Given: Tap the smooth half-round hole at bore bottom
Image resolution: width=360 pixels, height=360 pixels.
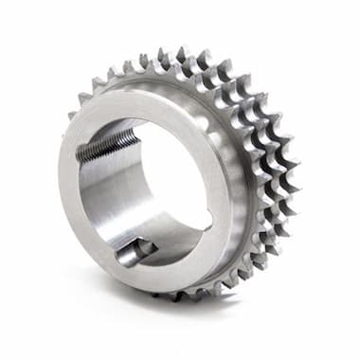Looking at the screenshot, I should click(135, 251).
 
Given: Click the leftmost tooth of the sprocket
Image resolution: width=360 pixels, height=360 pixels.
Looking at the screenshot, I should click(72, 115).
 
